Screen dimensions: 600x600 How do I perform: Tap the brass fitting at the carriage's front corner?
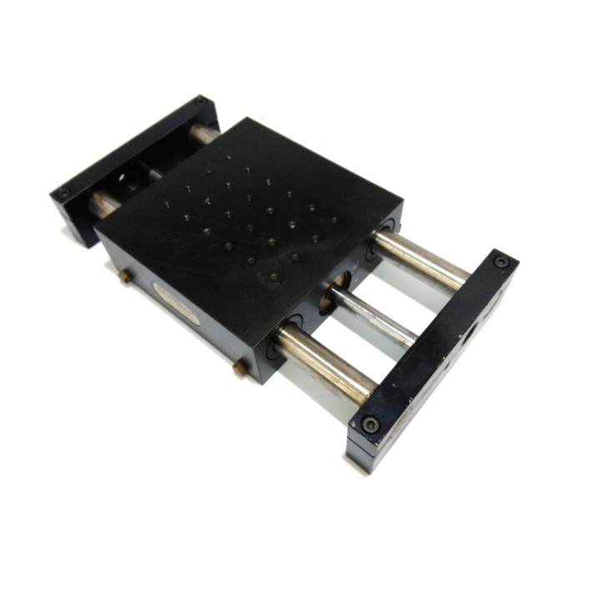click(240, 367)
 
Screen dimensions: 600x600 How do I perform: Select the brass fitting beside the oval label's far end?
click(126, 276)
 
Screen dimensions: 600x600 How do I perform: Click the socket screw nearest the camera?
click(371, 424)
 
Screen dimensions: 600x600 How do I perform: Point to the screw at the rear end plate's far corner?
click(200, 102)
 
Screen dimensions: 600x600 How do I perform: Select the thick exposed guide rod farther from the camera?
click(421, 259)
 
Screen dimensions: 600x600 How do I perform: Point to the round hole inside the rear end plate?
click(125, 177)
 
